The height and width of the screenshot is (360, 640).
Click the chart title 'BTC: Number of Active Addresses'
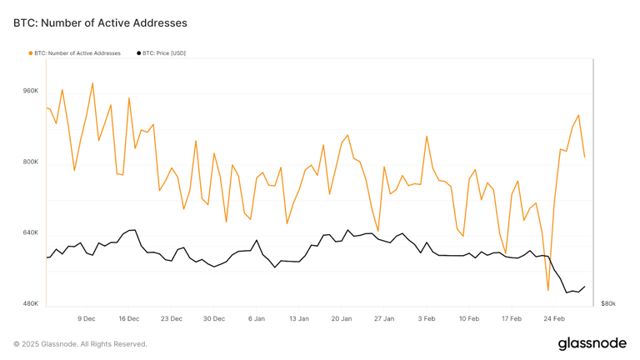(x=100, y=23)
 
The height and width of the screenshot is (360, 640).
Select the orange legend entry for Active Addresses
(x=75, y=53)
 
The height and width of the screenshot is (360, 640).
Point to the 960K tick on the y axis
(x=31, y=91)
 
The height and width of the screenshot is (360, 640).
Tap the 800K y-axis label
(x=31, y=162)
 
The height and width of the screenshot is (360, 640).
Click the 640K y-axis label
(x=31, y=232)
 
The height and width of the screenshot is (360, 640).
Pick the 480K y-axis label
(x=31, y=303)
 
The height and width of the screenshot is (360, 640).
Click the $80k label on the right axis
(x=607, y=303)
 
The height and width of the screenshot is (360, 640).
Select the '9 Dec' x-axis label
(x=87, y=318)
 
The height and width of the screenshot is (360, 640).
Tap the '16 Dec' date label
(x=129, y=318)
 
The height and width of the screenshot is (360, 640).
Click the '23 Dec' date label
(x=172, y=318)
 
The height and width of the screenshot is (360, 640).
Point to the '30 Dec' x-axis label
(x=214, y=318)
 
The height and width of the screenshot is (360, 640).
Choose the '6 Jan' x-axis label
(x=257, y=318)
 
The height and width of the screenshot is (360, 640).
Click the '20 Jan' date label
(x=342, y=318)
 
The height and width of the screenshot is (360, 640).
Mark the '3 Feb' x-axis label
(x=427, y=318)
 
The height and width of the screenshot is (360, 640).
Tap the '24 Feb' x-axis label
(x=554, y=318)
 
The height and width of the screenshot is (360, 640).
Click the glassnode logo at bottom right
(x=592, y=342)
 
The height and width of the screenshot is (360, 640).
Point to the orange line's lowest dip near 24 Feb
(x=547, y=291)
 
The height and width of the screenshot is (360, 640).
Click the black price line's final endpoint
(x=584, y=287)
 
